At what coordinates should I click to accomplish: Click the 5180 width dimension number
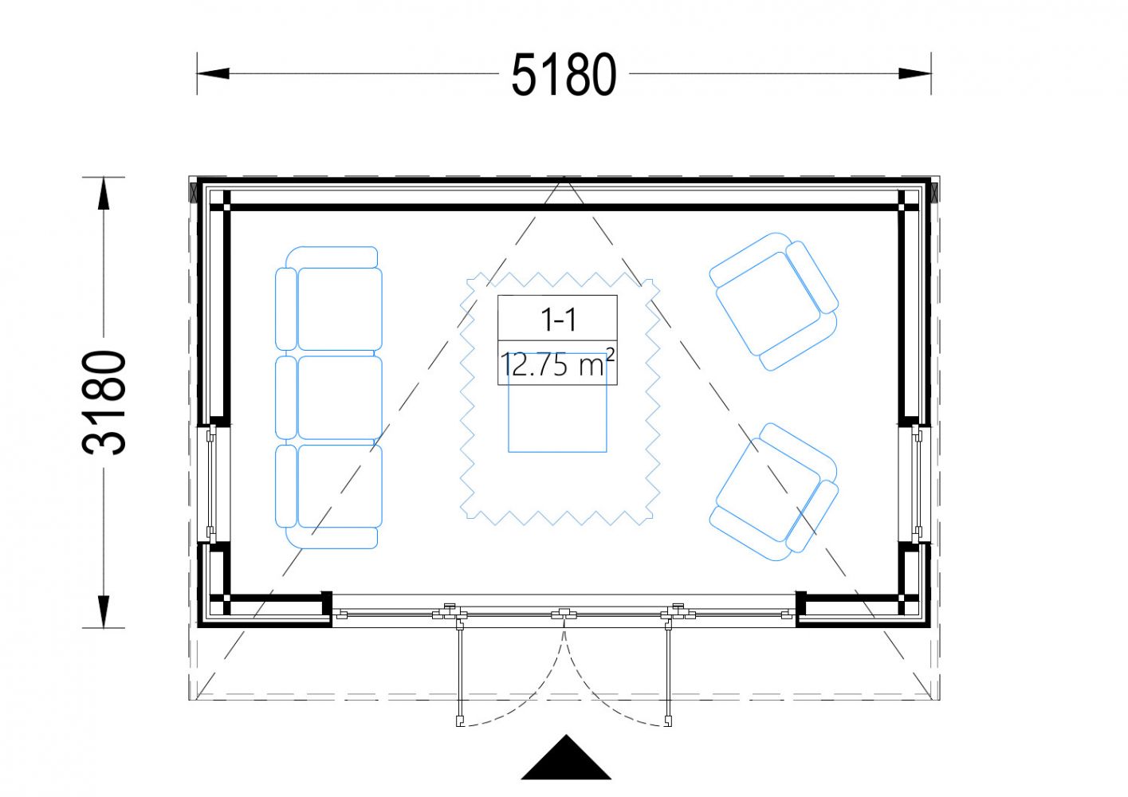click(x=564, y=74)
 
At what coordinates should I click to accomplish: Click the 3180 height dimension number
click(x=104, y=402)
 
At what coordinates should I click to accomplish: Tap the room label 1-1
click(x=558, y=320)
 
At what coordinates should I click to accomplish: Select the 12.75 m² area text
click(x=557, y=363)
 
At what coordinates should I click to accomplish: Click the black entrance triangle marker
click(x=566, y=758)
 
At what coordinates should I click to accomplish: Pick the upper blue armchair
click(x=774, y=301)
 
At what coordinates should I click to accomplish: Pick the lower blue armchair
click(x=774, y=492)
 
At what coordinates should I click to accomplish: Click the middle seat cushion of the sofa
click(x=340, y=397)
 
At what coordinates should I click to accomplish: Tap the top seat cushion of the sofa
click(x=340, y=308)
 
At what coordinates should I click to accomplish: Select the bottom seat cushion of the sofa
click(x=340, y=486)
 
